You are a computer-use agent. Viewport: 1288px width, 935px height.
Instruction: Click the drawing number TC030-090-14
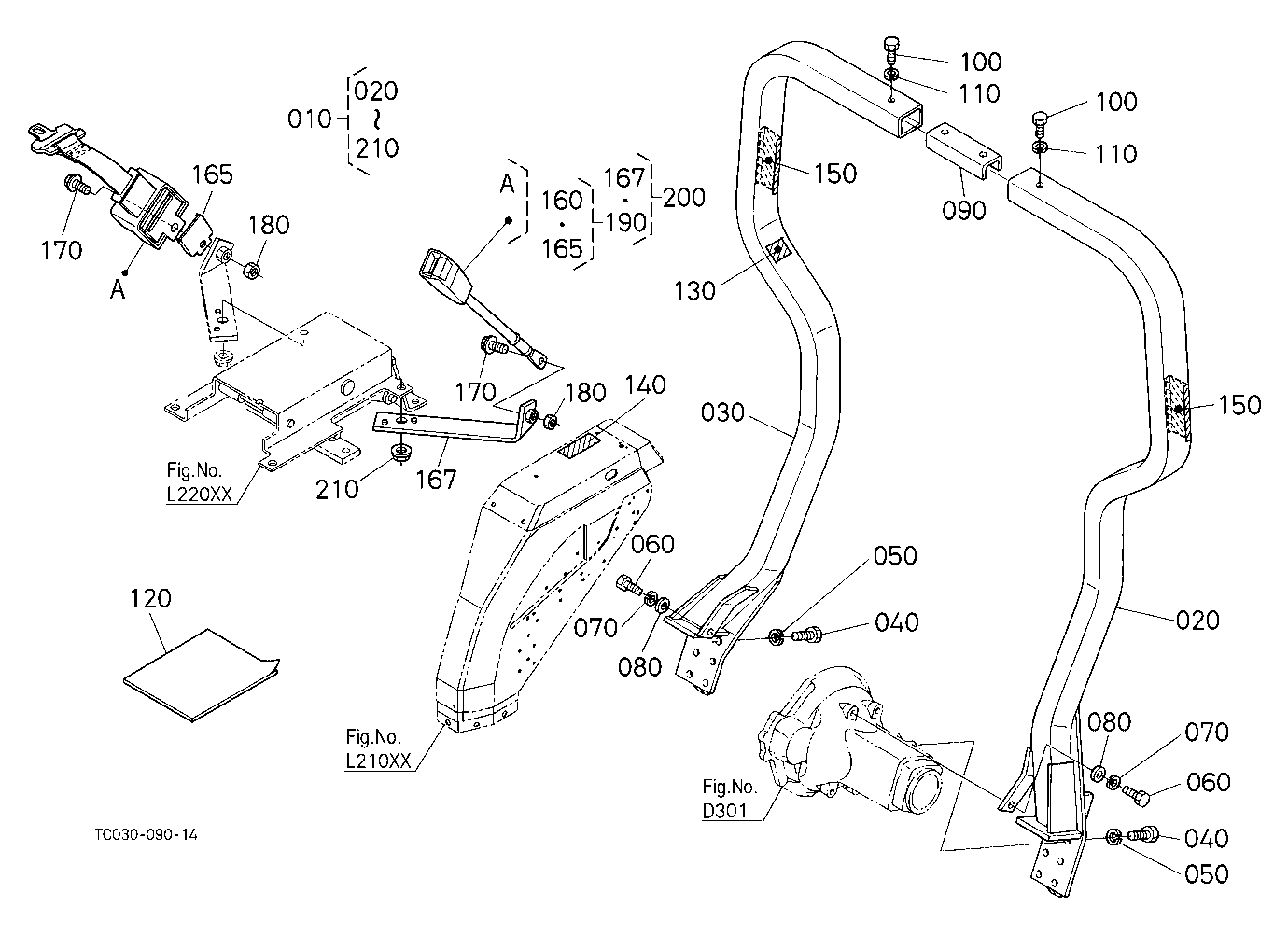pyautogui.click(x=146, y=834)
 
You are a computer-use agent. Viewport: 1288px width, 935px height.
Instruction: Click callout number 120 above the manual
pyautogui.click(x=150, y=599)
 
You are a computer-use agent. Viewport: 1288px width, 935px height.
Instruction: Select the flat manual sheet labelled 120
pyautogui.click(x=202, y=675)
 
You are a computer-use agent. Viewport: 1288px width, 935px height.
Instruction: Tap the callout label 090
pyautogui.click(x=964, y=211)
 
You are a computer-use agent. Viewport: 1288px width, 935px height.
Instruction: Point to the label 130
pyautogui.click(x=694, y=291)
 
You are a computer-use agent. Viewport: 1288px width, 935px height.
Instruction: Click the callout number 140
pyautogui.click(x=645, y=385)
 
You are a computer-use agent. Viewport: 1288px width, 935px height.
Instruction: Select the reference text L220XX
pyautogui.click(x=199, y=495)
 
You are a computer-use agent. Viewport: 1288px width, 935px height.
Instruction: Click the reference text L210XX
pyautogui.click(x=378, y=761)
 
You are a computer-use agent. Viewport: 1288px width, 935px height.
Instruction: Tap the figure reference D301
pyautogui.click(x=724, y=811)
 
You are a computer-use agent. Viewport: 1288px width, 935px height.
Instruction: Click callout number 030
pyautogui.click(x=722, y=412)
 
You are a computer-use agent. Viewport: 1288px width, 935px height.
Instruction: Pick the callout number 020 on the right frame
pyautogui.click(x=1197, y=621)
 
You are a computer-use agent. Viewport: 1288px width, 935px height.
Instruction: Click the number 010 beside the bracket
pyautogui.click(x=309, y=119)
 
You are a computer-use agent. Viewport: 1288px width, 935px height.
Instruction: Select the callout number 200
pyautogui.click(x=684, y=198)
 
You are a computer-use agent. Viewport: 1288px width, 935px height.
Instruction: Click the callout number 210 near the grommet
pyautogui.click(x=337, y=490)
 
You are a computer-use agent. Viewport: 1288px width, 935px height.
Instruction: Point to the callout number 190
pyautogui.click(x=625, y=222)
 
